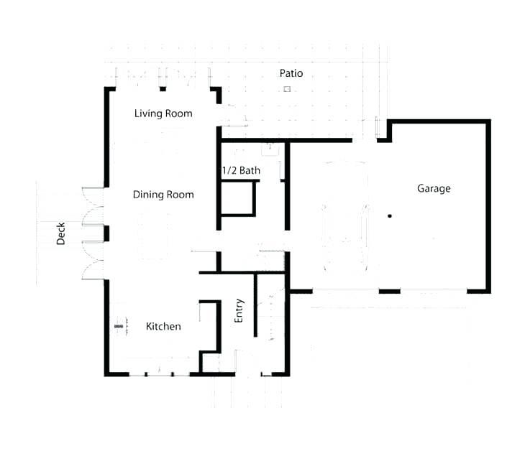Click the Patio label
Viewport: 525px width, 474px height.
coord(291,73)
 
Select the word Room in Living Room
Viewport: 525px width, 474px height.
coord(179,113)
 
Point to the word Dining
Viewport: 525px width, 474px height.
coord(149,195)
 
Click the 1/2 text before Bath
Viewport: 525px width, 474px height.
coord(229,171)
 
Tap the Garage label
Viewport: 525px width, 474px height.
coord(434,189)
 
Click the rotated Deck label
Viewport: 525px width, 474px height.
coord(61,233)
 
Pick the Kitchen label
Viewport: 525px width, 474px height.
coord(163,327)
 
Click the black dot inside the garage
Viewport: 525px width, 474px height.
coord(390,216)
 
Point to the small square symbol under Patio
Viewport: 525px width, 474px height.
coord(286,89)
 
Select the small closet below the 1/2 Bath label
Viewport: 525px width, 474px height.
coord(237,198)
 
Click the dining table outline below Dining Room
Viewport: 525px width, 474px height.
coord(153,236)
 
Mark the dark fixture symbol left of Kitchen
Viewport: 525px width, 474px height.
coord(119,327)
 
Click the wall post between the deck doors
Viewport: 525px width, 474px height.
coord(106,233)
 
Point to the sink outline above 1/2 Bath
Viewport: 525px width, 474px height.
coord(269,149)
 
